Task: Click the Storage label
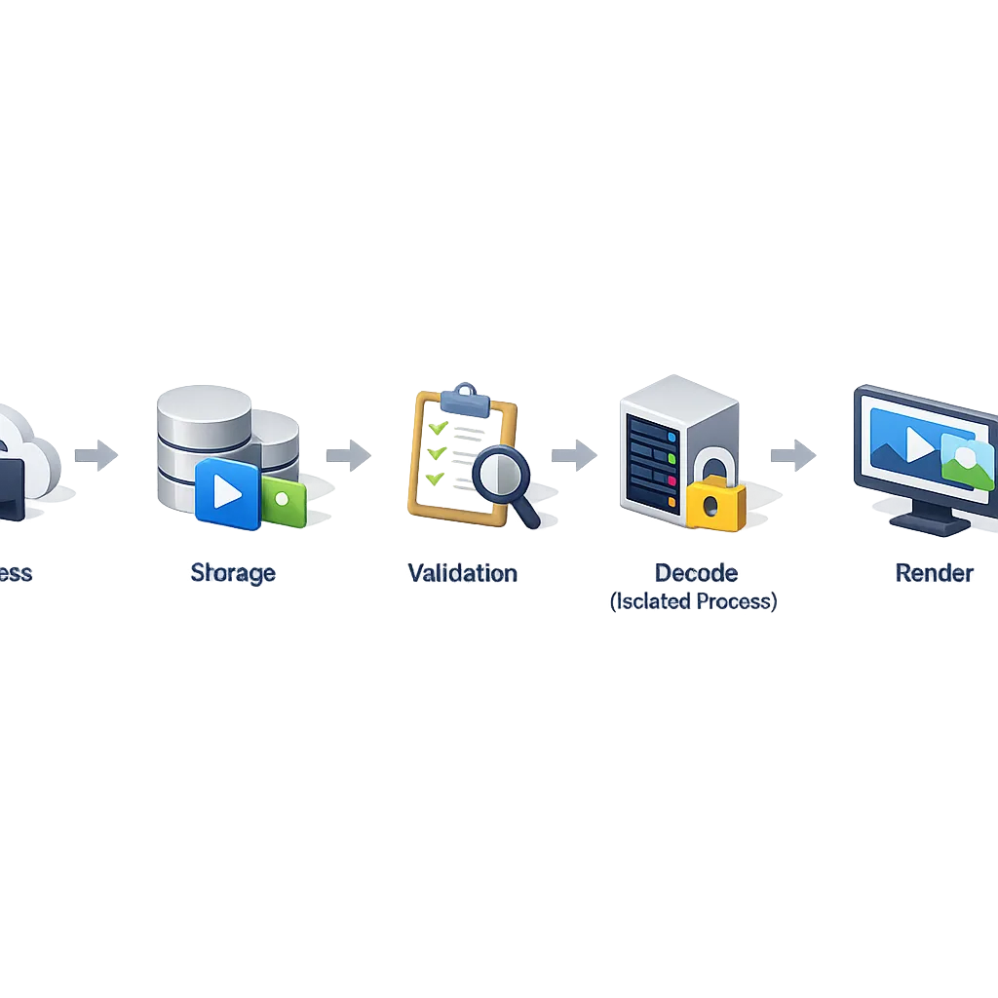click(x=232, y=573)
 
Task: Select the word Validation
click(x=462, y=573)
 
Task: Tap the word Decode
click(x=696, y=573)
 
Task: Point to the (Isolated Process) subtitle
click(x=694, y=601)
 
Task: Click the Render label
click(x=934, y=573)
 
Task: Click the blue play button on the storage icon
click(x=227, y=492)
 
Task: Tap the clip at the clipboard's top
click(x=463, y=398)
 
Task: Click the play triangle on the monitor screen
click(x=919, y=444)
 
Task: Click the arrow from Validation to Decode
click(x=575, y=454)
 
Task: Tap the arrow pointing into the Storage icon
click(x=94, y=454)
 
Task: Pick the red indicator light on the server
click(x=672, y=480)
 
